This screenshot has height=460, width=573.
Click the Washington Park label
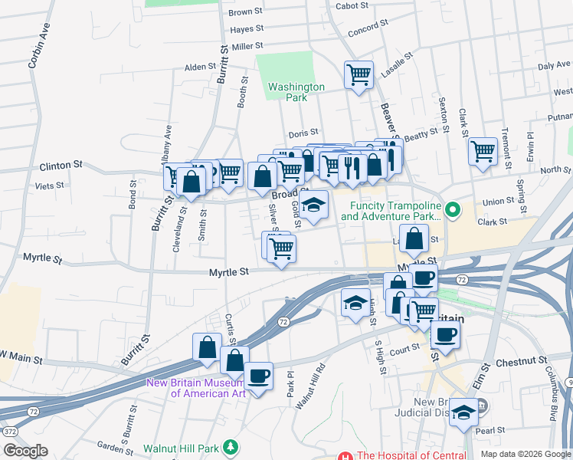tap(296, 92)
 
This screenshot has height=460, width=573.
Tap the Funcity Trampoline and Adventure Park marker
tap(453, 208)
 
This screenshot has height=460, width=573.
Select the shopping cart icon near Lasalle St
tap(359, 75)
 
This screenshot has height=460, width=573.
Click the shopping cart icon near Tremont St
tap(483, 151)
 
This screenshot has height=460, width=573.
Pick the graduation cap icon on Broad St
tap(313, 205)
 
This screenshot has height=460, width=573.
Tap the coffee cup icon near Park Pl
tap(259, 376)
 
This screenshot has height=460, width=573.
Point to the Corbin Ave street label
tap(34, 50)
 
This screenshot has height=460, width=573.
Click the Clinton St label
tap(61, 165)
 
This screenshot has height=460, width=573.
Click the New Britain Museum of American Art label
tap(196, 388)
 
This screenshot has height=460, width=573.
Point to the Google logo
tap(25, 451)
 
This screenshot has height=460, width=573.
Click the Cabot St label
tap(352, 6)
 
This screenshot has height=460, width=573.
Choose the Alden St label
tap(200, 67)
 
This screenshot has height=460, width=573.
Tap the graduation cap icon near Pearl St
tap(463, 412)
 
